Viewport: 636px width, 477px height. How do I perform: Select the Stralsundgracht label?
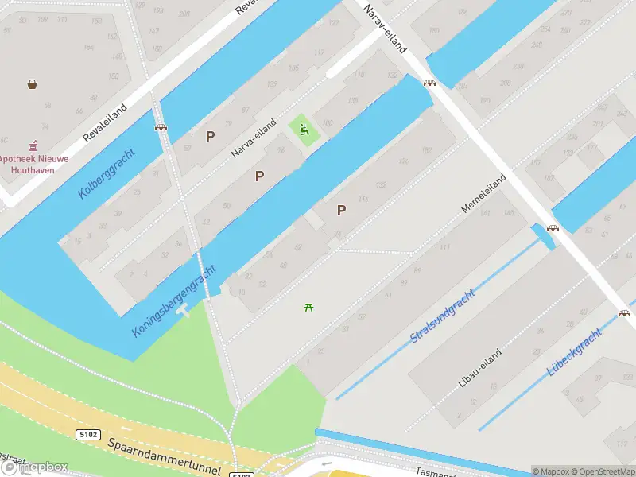tap(442, 315)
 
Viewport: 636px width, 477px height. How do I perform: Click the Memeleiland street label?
tap(484, 193)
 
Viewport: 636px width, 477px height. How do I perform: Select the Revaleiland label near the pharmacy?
tap(107, 121)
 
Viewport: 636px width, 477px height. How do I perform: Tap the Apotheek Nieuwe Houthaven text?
tap(34, 164)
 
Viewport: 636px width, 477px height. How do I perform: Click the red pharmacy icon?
tap(33, 146)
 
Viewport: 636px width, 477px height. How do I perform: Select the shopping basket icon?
tap(33, 83)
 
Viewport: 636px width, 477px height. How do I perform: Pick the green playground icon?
tap(304, 129)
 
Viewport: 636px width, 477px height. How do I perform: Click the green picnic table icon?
tap(308, 307)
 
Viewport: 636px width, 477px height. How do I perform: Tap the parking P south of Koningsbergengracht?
tap(342, 210)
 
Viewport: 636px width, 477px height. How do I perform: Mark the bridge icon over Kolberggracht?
tap(161, 126)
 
